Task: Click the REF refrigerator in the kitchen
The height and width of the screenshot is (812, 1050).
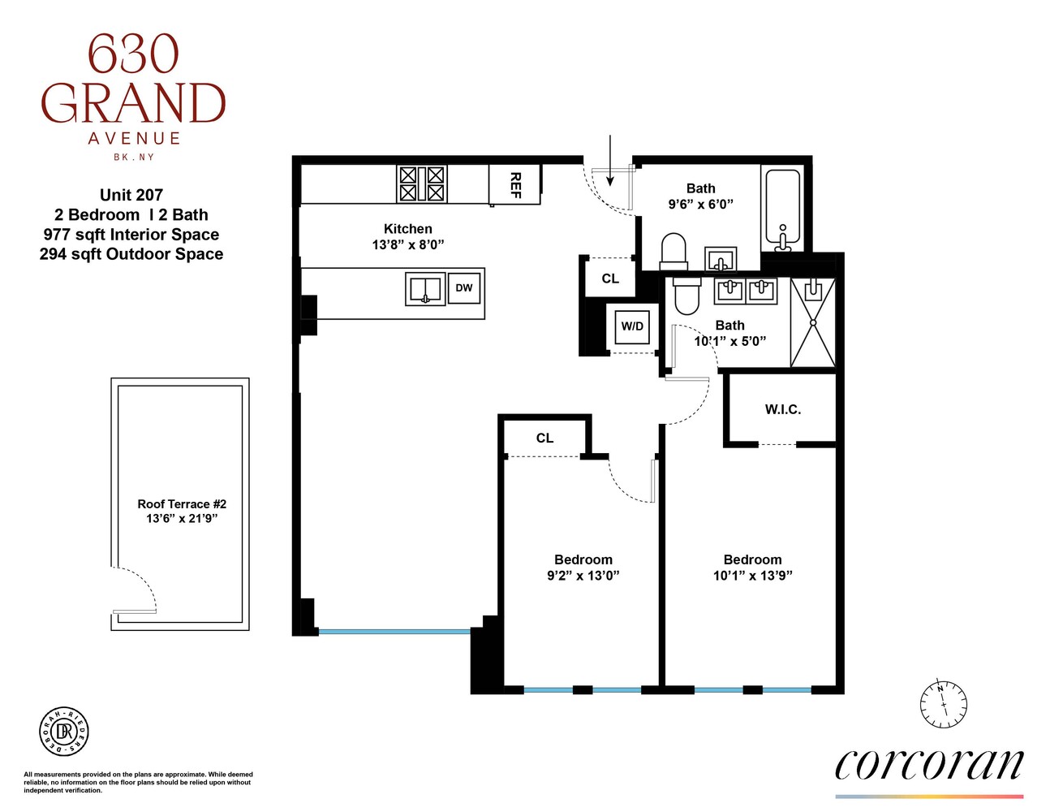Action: coord(514,184)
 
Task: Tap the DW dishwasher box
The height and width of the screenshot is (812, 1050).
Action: coord(464,288)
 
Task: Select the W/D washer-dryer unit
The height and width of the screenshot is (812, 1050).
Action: coord(632,326)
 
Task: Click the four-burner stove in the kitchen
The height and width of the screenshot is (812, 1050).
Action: coord(422,184)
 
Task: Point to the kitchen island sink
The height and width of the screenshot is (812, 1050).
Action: coord(425,289)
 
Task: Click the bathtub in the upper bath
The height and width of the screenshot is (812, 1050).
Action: coord(782,207)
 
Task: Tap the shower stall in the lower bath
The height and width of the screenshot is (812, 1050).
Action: coord(812,322)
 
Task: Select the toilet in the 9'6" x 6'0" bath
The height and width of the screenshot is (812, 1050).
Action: coord(673,252)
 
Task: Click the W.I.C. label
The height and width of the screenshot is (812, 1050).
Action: coord(782,410)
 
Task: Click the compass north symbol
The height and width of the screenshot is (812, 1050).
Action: coord(943,702)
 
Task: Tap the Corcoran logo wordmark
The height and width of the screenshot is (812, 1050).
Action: coord(929,765)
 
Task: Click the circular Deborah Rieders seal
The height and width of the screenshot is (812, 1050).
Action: coord(64,732)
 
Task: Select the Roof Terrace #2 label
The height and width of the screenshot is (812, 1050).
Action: coord(182,504)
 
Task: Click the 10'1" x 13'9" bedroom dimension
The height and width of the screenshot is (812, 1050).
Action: coord(752,576)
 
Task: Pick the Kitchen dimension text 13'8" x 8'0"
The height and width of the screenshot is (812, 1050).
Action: coord(408,244)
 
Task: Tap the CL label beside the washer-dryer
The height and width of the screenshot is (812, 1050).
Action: coord(610,279)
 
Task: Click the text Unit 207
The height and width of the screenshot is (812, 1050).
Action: coord(131,195)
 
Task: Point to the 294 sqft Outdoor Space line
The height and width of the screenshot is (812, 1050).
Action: coord(131,254)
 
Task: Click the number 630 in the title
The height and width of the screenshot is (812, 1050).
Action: coord(133,54)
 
